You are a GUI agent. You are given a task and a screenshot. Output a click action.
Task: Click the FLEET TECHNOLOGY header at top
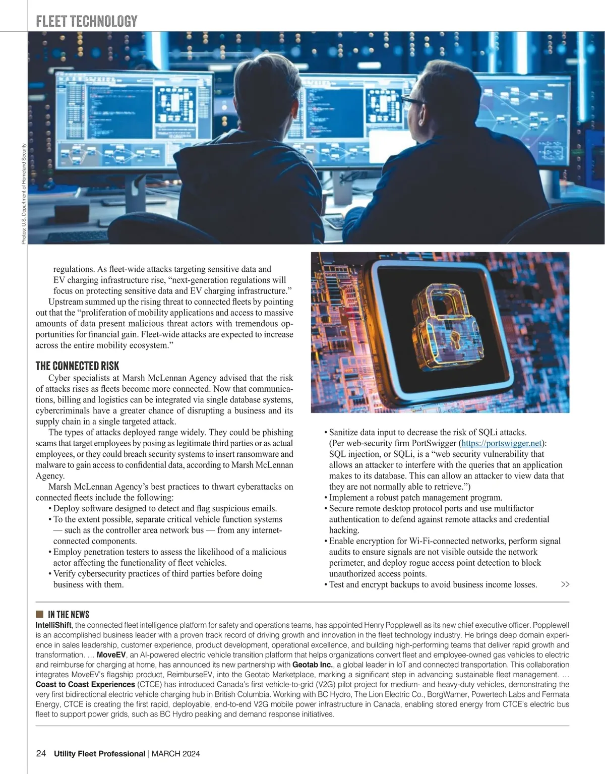pos(87,21)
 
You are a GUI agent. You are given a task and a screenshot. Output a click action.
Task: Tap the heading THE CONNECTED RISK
pos(77,366)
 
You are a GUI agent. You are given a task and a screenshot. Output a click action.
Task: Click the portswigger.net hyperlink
pos(501,443)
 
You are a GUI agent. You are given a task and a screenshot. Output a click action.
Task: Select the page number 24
pos(41,753)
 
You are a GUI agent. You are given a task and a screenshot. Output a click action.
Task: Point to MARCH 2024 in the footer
pos(175,754)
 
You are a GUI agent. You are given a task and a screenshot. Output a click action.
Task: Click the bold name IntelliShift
pos(53,625)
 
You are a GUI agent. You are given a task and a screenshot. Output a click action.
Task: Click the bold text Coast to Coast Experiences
pos(85,684)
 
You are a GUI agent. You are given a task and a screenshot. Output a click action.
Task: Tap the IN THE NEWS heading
pos(69,614)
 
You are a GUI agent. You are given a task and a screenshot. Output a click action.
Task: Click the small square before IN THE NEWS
pos(39,614)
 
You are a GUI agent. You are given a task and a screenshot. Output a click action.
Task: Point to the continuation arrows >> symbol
pos(565,584)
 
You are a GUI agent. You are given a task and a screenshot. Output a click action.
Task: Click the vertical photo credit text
pos(24,194)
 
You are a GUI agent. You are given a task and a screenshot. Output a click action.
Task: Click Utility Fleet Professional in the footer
pos(99,754)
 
